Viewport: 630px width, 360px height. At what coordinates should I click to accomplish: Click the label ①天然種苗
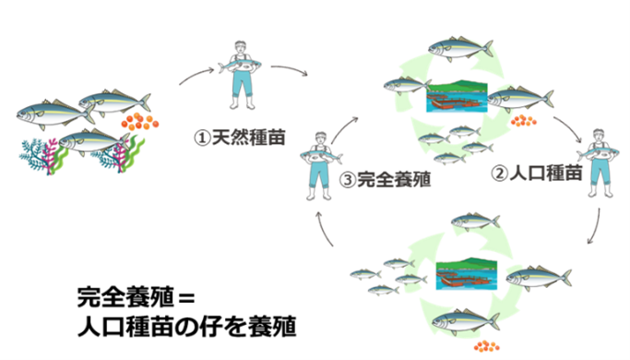point(239,138)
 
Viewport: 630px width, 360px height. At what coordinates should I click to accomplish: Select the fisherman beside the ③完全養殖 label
point(320,165)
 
